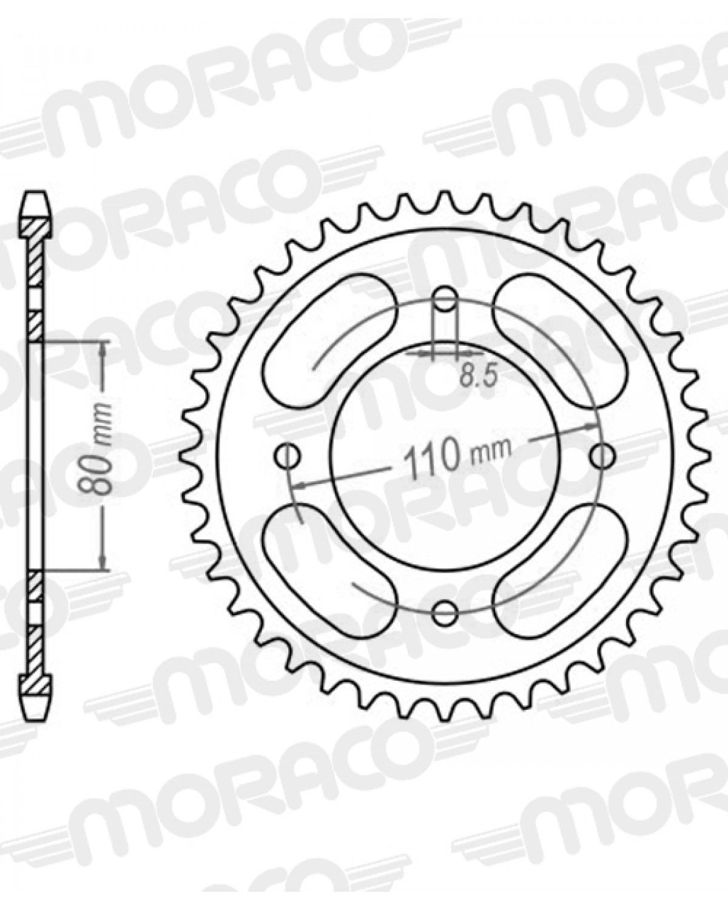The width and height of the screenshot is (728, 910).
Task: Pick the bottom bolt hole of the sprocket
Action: (446, 609)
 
